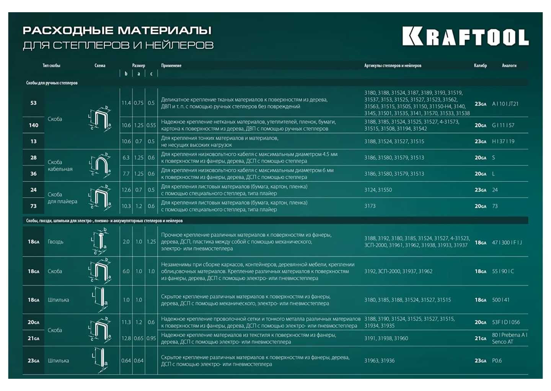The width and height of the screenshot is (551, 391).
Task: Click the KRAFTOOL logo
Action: pyautogui.click(x=465, y=37)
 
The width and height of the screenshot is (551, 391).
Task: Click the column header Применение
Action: pyautogui.click(x=171, y=66)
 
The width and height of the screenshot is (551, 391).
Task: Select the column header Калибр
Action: pyautogui.click(x=480, y=66)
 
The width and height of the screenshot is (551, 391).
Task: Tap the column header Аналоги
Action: pyautogui.click(x=509, y=66)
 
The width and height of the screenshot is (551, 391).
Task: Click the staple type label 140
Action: pyautogui.click(x=34, y=125)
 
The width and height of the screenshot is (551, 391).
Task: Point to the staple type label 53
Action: pyautogui.click(x=34, y=103)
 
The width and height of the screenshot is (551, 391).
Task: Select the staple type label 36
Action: pyautogui.click(x=34, y=174)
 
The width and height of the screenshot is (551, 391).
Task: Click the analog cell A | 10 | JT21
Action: pyautogui.click(x=505, y=104)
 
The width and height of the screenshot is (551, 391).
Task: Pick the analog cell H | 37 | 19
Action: pyautogui.click(x=503, y=141)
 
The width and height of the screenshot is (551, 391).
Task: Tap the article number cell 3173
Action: pyautogui.click(x=370, y=206)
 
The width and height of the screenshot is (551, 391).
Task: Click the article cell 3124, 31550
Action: pyautogui.click(x=378, y=190)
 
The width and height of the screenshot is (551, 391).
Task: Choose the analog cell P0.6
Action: pyautogui.click(x=497, y=361)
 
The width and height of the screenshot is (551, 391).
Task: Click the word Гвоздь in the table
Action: pyautogui.click(x=55, y=242)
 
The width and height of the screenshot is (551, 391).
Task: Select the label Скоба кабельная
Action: pyautogui.click(x=60, y=166)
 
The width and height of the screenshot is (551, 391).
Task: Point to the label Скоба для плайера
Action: pyautogui.click(x=62, y=198)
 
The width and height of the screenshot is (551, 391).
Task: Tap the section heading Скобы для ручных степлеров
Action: pyautogui.click(x=52, y=83)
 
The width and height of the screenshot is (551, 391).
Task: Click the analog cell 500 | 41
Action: pyautogui.click(x=500, y=300)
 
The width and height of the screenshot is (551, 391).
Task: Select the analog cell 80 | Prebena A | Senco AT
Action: pyautogui.click(x=509, y=338)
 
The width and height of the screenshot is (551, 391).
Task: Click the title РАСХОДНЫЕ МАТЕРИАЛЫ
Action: pyautogui.click(x=117, y=30)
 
